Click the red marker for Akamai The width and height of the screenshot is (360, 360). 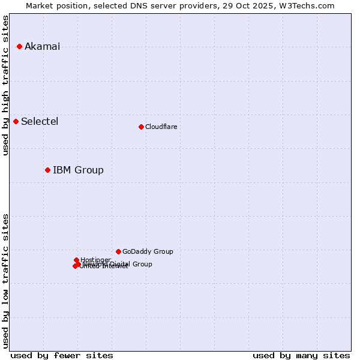tap(19, 46)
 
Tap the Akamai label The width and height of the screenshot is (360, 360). tap(42, 47)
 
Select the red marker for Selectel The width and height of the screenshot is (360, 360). tap(16, 121)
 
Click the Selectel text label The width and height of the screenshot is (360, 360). tap(40, 122)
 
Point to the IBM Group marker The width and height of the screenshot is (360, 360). tap(47, 170)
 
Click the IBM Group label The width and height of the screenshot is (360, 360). tap(78, 170)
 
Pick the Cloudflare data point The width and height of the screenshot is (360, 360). tap(141, 127)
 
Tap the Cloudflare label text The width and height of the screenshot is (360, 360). tap(161, 127)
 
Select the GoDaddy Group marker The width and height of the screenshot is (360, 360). tap(118, 251)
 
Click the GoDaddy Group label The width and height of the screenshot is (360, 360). tap(148, 252)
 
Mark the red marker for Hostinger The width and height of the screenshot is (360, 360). tap(76, 260)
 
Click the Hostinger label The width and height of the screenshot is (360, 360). tap(95, 260)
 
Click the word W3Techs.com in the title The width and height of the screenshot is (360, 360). tap(310, 5)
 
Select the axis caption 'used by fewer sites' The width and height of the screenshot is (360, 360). tap(62, 355)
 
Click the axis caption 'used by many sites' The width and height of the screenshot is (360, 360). tap(301, 355)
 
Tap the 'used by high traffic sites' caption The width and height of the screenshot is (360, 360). tap(6, 85)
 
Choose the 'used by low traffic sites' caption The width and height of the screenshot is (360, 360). tap(6, 280)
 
